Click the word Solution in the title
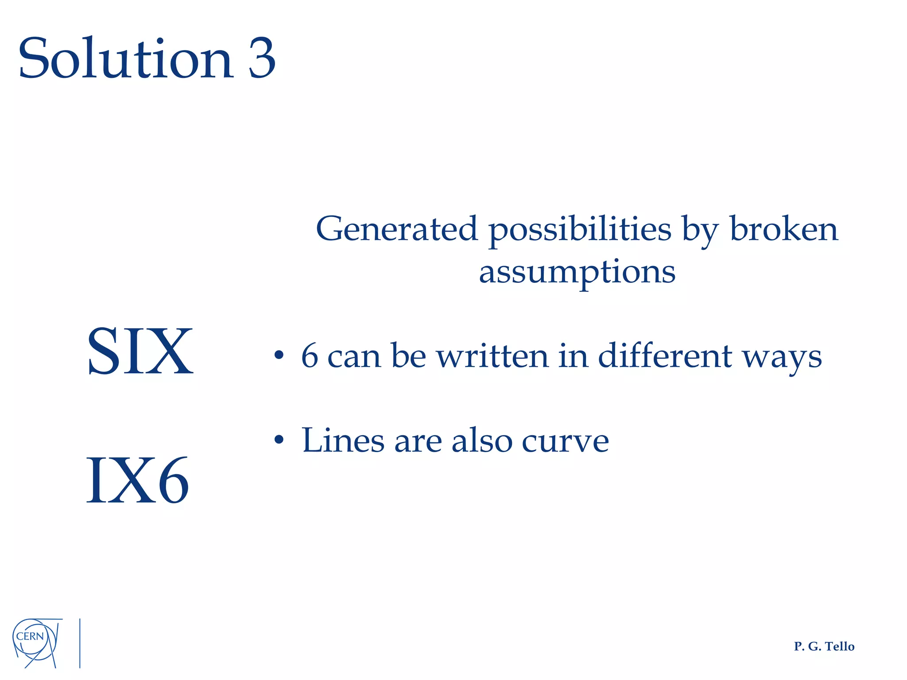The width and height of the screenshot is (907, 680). pyautogui.click(x=125, y=58)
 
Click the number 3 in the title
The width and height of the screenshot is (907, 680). pyautogui.click(x=262, y=58)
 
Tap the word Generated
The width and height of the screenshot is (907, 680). pyautogui.click(x=397, y=229)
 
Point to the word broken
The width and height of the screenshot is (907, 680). pyautogui.click(x=784, y=229)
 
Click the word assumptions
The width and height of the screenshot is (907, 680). pyautogui.click(x=577, y=272)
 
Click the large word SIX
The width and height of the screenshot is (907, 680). pyautogui.click(x=140, y=351)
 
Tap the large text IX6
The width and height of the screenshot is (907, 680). pyautogui.click(x=137, y=480)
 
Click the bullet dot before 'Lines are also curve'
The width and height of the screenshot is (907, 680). pyautogui.click(x=278, y=440)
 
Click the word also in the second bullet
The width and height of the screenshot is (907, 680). pyautogui.click(x=482, y=440)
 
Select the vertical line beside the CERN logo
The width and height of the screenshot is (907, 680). pyautogui.click(x=80, y=643)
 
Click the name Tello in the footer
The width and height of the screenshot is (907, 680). pyautogui.click(x=840, y=647)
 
